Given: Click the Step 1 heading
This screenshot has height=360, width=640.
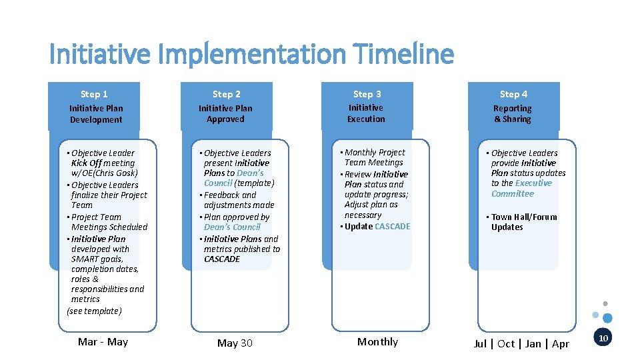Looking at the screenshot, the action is tap(94, 95).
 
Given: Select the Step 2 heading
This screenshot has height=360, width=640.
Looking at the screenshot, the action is tap(227, 95).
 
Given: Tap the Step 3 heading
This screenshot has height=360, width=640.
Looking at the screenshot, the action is tap(367, 95).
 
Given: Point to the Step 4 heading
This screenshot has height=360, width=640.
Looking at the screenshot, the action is tap(513, 95).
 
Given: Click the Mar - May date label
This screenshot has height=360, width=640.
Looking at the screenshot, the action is tap(103, 342).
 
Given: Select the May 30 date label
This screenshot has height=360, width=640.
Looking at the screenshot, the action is tap(235, 343).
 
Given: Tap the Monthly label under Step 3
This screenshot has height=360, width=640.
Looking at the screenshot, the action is tap(377, 342).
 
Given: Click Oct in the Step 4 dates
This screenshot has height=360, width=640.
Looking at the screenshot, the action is tap(506, 344).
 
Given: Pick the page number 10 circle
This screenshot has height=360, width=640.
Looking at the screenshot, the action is tap(603, 339).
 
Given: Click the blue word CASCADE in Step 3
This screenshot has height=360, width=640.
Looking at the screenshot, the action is tap(393, 227).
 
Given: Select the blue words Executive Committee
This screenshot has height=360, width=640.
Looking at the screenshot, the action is tap(523, 188).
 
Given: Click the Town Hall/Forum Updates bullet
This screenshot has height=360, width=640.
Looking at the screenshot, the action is tap(523, 222).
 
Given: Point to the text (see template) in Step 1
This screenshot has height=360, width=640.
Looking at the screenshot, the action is tap(94, 311).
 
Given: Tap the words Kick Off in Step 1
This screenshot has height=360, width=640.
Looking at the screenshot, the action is tap(86, 163).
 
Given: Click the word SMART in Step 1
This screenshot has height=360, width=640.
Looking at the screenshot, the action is tap(85, 259).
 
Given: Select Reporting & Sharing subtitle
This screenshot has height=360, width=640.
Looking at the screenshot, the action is tap(513, 114).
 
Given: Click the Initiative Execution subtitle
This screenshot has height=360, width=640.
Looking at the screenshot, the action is tap(366, 113).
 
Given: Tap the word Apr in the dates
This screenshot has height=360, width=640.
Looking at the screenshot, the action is tap(561, 344).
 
